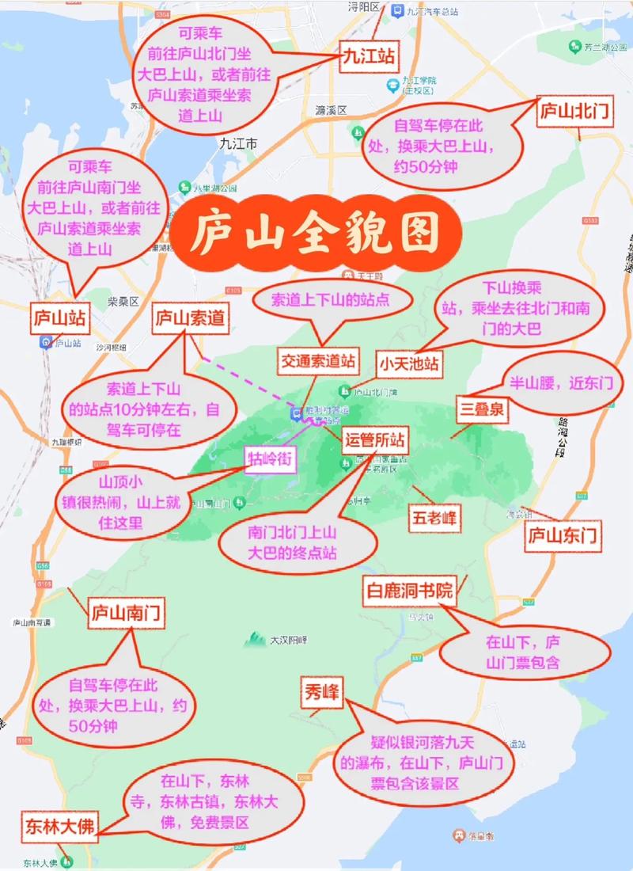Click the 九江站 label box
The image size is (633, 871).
368,57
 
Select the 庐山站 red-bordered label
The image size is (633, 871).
59,318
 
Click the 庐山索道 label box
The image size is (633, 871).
189,318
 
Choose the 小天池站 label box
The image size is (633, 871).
408,365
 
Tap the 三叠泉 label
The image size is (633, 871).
483,410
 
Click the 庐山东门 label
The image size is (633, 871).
563,536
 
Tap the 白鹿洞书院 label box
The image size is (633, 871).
409,591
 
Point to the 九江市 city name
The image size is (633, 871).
237,144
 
